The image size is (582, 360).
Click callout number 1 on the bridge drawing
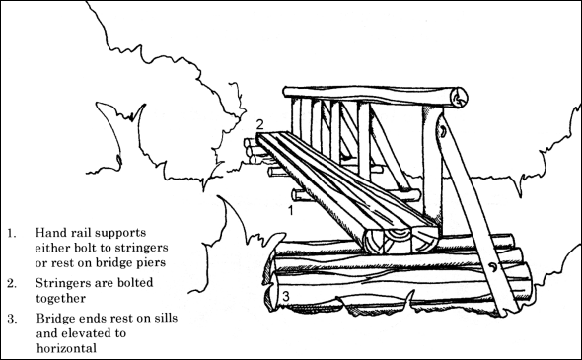[291, 210]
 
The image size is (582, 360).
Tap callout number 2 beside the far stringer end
[259, 124]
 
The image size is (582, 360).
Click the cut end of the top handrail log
[460, 97]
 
